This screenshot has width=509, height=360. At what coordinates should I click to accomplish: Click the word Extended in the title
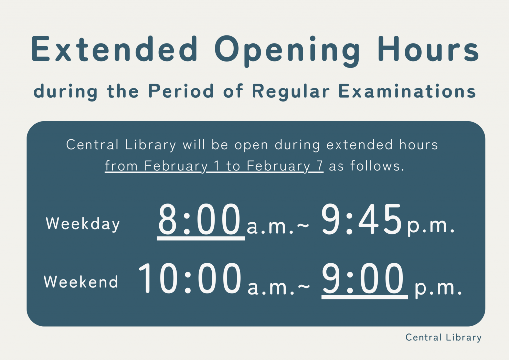(x=115, y=49)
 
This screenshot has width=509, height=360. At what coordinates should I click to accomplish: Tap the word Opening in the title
(x=287, y=51)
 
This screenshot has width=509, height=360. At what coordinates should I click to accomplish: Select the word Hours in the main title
(x=428, y=49)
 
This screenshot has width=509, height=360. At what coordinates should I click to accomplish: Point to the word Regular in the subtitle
(x=291, y=92)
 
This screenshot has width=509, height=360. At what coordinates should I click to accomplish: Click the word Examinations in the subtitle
(x=408, y=91)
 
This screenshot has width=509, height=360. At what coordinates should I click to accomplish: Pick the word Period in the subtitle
(x=181, y=91)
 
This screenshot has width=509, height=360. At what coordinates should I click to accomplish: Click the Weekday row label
(x=83, y=224)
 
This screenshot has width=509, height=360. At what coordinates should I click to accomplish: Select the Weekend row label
(x=81, y=282)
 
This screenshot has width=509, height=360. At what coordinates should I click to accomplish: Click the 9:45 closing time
(x=362, y=219)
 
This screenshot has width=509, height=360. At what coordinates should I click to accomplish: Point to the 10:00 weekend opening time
(x=190, y=278)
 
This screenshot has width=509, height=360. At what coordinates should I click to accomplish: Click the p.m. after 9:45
(x=431, y=226)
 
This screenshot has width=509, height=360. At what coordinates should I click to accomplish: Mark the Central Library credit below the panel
(x=443, y=338)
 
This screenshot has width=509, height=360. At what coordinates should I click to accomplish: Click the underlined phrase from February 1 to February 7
(x=214, y=166)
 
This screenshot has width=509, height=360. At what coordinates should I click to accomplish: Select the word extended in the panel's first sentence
(x=359, y=145)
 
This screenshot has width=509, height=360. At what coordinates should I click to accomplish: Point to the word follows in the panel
(x=377, y=166)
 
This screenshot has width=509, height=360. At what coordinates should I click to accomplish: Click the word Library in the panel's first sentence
(x=151, y=145)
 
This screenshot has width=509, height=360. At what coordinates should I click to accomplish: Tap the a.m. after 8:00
(x=270, y=227)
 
